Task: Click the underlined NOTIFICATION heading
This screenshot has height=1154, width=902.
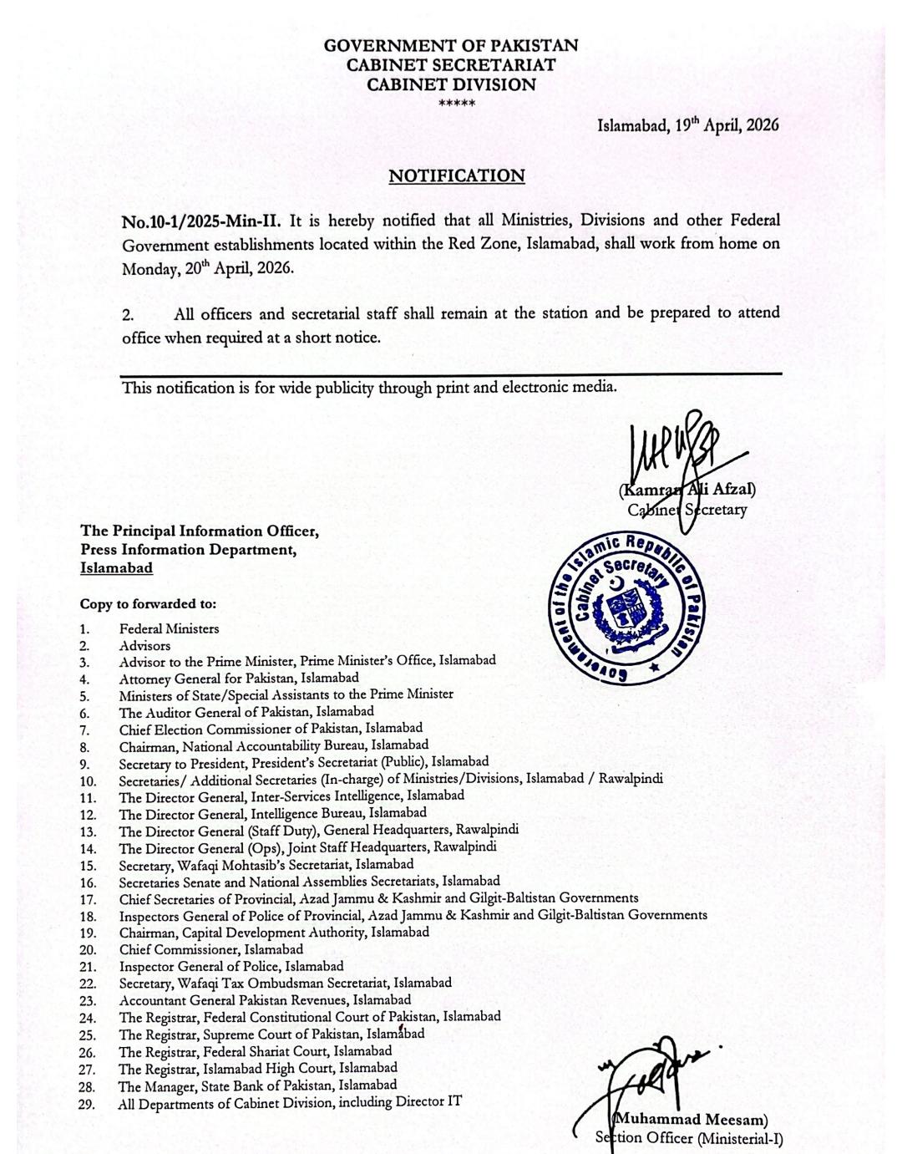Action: pos(457,176)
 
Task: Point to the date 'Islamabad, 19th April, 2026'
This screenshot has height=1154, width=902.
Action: pos(687,125)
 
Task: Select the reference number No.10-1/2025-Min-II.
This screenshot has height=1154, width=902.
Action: pos(201,221)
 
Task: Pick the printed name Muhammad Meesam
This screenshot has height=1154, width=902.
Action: pos(692,1120)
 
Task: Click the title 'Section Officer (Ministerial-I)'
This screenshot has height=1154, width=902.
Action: pos(689,1138)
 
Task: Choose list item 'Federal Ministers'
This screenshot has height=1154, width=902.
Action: pos(169,628)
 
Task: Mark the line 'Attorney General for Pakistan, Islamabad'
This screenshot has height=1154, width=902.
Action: pos(239,679)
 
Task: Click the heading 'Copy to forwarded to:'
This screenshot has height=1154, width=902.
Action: pos(148,603)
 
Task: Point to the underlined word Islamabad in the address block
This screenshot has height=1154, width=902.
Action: pos(117,568)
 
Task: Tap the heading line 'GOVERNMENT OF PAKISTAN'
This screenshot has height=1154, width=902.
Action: pos(451,46)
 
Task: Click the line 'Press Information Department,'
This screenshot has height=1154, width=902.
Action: pos(189,550)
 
